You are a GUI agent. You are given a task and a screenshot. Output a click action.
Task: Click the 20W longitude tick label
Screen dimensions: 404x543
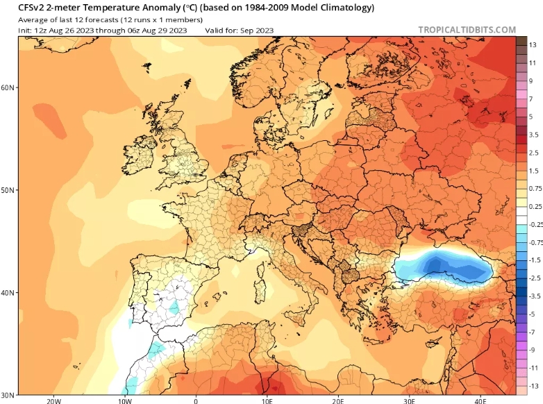pyautogui.click(x=53, y=400)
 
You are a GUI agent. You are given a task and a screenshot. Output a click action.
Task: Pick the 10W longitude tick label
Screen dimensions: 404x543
pyautogui.click(x=124, y=400)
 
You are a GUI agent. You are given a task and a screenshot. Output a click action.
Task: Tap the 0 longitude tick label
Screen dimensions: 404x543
pyautogui.click(x=196, y=400)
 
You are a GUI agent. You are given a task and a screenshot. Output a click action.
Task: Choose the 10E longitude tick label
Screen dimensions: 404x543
pyautogui.click(x=267, y=400)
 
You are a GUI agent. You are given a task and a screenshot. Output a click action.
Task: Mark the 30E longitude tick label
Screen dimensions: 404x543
pyautogui.click(x=409, y=400)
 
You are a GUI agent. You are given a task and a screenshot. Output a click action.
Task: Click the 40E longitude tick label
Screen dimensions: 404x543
pyautogui.click(x=481, y=400)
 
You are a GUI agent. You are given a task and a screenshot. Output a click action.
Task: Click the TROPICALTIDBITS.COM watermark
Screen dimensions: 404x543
pyautogui.click(x=467, y=30)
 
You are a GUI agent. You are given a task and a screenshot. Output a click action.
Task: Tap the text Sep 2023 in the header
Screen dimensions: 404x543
pyautogui.click(x=256, y=30)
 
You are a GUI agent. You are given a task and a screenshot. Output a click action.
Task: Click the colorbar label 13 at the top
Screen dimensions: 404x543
pyautogui.click(x=533, y=44)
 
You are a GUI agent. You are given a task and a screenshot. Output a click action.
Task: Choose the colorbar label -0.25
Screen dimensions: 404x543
pyautogui.click(x=535, y=224)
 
